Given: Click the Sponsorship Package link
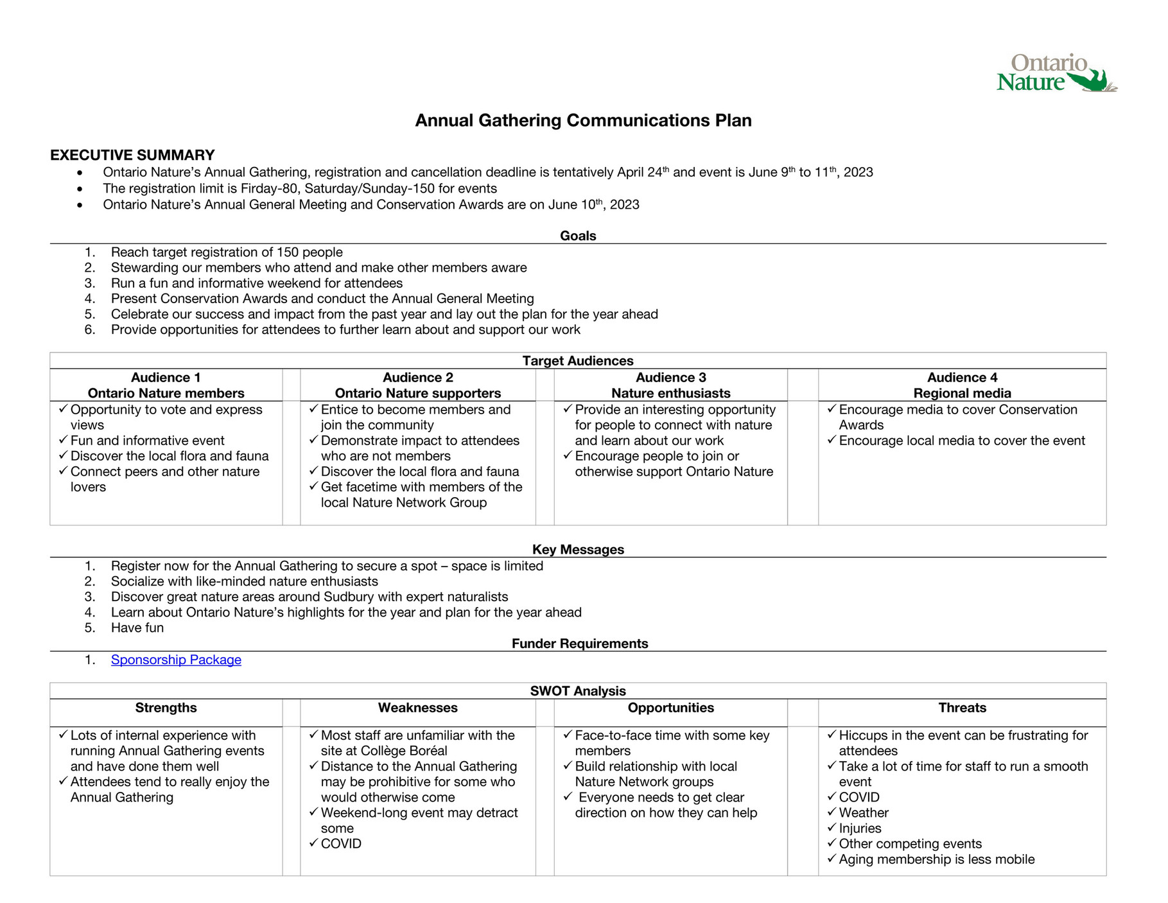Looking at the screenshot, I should click(x=176, y=660).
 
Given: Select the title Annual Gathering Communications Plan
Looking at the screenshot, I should click(x=583, y=121).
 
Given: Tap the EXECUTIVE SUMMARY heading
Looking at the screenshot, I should click(x=132, y=155).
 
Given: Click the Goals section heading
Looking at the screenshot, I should click(x=578, y=236).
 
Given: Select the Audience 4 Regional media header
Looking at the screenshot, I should click(x=962, y=385).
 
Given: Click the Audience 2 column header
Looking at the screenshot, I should click(x=417, y=385).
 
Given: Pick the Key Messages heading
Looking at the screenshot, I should click(x=578, y=550).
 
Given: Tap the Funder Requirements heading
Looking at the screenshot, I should click(x=580, y=644).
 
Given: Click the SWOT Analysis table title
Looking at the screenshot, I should click(x=578, y=691).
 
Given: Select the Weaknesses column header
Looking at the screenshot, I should click(x=417, y=708).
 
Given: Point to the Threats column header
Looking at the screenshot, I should click(x=962, y=708).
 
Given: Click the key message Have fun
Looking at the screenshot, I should click(x=137, y=628).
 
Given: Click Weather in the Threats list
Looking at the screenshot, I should click(x=864, y=813).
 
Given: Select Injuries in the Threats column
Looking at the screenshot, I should click(x=860, y=828).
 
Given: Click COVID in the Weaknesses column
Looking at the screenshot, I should click(x=341, y=844).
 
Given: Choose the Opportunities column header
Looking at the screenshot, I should click(x=671, y=708).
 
